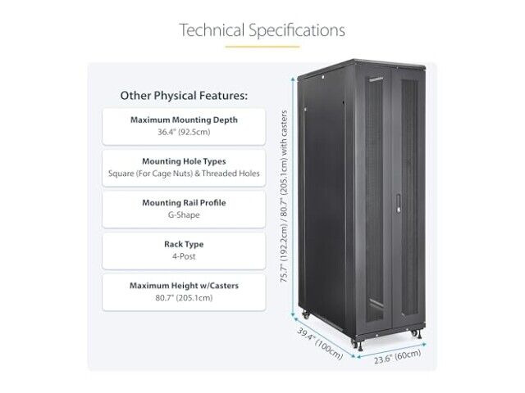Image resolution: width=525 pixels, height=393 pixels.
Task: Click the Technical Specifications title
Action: coord(262,30)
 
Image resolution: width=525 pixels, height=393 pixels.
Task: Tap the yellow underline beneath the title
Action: coord(262,47)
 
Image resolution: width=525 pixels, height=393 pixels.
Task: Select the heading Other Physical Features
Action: coord(184,96)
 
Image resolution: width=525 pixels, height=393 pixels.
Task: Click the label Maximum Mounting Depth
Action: coord(184,120)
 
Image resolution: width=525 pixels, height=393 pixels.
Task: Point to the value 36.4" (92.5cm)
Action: coord(184,132)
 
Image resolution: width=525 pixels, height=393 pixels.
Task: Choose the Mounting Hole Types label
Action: coord(184,161)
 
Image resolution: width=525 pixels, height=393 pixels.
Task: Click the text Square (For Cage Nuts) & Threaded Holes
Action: coord(184,174)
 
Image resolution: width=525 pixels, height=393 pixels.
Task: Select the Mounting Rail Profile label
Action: coord(184,202)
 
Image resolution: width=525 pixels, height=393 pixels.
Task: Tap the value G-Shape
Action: coord(184,215)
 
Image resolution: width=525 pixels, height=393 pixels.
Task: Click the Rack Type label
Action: coord(184,244)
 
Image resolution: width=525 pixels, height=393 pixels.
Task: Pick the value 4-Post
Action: coord(184,256)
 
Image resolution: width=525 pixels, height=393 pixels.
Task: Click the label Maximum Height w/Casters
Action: coord(184,286)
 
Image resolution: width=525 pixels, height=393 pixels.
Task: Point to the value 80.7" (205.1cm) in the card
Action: coord(184,298)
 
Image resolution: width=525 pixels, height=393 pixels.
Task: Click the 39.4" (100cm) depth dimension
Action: coord(320,344)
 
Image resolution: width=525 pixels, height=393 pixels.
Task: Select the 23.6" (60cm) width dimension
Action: coord(397,356)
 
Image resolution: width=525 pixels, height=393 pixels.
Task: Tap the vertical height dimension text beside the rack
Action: coord(284,196)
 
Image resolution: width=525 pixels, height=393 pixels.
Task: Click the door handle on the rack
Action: coord(399,204)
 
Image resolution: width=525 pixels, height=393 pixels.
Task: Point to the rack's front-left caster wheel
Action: coord(355,344)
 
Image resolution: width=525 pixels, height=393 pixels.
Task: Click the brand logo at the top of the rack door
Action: coord(376,80)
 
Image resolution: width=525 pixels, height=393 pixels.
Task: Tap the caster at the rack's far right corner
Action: coord(414,333)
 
